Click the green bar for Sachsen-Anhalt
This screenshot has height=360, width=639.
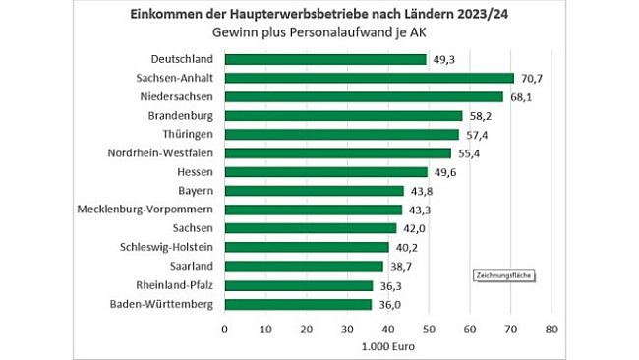[369, 78]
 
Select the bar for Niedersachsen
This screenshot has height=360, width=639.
[364, 96]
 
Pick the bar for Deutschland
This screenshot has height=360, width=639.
[325, 59]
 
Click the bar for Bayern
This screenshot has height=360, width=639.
[314, 191]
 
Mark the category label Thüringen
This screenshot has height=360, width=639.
[186, 135]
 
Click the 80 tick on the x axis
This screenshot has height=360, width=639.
[552, 328]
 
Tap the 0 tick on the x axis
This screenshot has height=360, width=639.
[224, 328]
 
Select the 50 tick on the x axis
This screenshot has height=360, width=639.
[429, 328]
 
